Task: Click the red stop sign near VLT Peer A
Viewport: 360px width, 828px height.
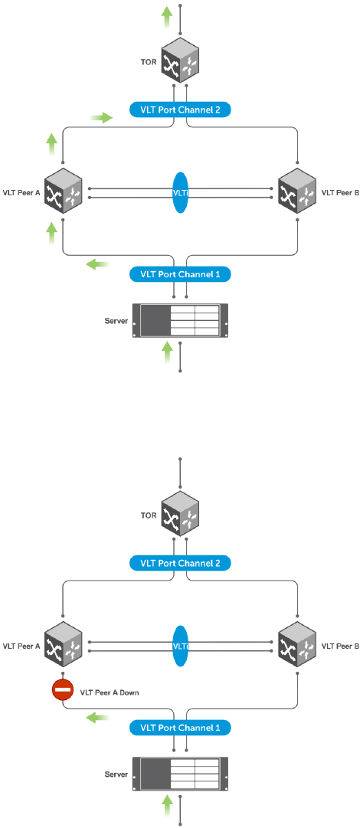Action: pos(63,689)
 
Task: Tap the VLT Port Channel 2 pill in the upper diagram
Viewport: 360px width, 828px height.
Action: pos(180,110)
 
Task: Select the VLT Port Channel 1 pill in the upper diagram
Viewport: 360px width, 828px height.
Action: pos(180,274)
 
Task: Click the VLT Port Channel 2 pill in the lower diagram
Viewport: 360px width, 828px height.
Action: pos(180,562)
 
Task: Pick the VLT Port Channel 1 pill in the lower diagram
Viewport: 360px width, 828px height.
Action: pos(180,727)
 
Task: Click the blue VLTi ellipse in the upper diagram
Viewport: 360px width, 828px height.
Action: pos(180,192)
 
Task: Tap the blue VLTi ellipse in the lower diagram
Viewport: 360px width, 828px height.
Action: pos(180,644)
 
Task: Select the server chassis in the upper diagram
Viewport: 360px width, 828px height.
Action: pos(180,320)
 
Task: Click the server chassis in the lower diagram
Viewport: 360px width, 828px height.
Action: pos(180,774)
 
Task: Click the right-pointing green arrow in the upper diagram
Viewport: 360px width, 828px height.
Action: pos(101,118)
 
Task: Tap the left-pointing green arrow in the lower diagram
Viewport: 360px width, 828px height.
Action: pos(98,718)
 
